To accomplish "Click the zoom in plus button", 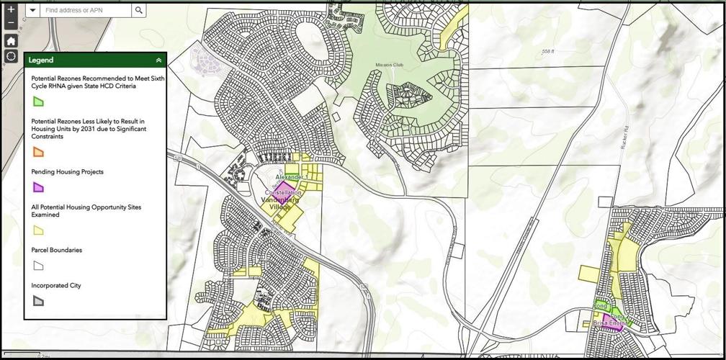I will (11, 10).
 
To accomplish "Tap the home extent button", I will (11, 40).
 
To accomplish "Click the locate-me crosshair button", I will (11, 56).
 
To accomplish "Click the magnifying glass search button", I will (139, 11).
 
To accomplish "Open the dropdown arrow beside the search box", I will (33, 11).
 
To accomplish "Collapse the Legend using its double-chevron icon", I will (158, 60).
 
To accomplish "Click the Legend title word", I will (41, 60).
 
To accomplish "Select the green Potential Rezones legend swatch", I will (38, 102).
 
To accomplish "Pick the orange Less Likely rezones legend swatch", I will (38, 152).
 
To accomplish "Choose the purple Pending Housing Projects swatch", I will (38, 187).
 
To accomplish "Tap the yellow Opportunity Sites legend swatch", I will (38, 230).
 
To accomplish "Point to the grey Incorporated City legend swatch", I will (38, 301).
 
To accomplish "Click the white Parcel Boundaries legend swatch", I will (38, 266).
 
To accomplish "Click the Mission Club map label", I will (387, 65).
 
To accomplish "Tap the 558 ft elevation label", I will (550, 51).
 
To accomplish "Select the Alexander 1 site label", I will (292, 177).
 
